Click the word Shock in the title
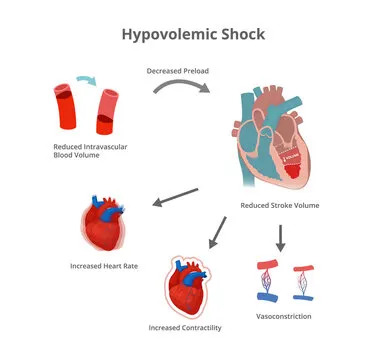(x=243, y=34)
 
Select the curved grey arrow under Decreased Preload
(x=181, y=89)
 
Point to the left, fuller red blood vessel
(x=65, y=106)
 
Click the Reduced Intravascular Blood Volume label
(x=81, y=152)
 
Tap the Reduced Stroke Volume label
(x=279, y=205)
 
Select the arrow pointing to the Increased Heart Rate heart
(x=175, y=199)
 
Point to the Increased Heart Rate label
(x=106, y=266)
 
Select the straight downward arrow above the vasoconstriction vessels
(x=281, y=236)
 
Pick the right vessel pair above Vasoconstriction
(x=304, y=283)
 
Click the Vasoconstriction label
(x=284, y=316)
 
